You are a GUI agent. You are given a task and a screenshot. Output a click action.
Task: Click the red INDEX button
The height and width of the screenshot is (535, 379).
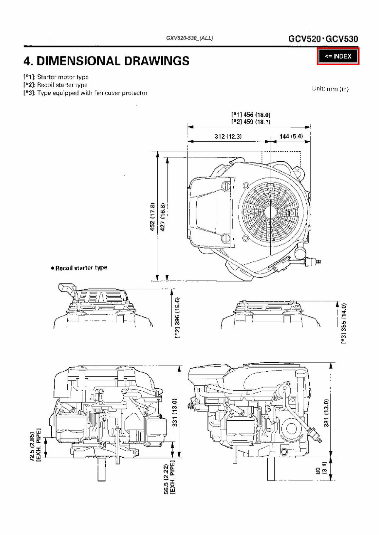tap(338, 57)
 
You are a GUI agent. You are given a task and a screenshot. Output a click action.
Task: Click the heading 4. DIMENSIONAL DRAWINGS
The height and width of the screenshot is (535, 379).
tap(106, 61)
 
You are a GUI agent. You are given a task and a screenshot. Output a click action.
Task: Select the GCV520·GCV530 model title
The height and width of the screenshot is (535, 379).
tap(323, 39)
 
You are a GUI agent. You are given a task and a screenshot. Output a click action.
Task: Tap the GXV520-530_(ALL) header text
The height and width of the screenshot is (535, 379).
tap(189, 38)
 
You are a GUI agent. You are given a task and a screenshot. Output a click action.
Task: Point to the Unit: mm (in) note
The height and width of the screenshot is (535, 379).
tap(330, 89)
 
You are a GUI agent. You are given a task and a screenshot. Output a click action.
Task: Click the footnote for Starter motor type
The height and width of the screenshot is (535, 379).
tap(56, 77)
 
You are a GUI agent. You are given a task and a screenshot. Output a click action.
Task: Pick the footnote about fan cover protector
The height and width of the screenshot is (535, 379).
tap(85, 93)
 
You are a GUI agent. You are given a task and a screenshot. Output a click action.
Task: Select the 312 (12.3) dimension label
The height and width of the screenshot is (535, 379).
tap(228, 137)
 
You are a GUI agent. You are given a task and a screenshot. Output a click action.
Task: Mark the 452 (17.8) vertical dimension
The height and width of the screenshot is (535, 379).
tap(152, 217)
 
